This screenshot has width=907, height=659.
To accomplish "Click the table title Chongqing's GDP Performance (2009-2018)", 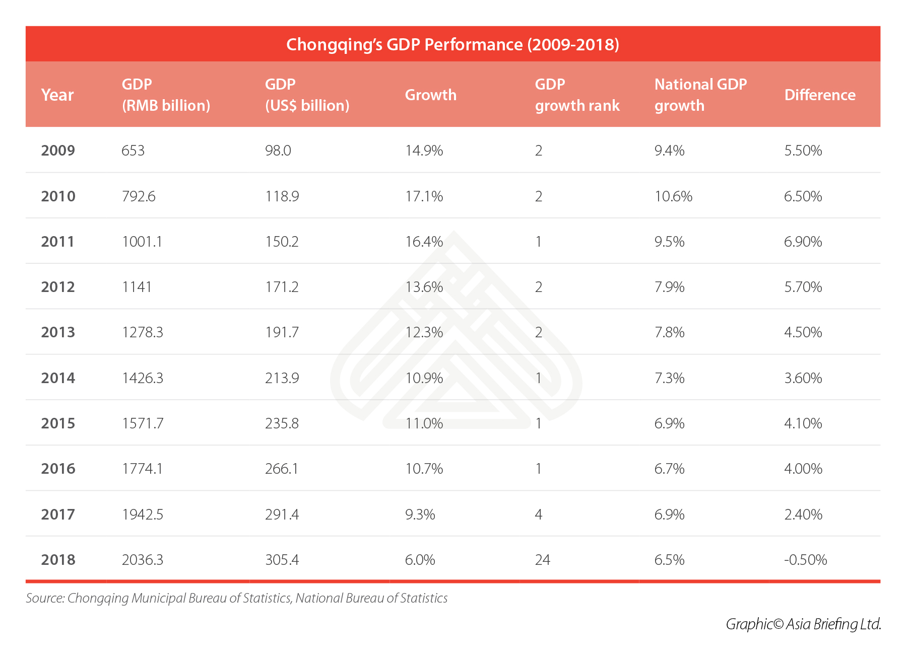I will pyautogui.click(x=452, y=44).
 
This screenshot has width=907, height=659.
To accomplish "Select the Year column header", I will pyautogui.click(x=57, y=95).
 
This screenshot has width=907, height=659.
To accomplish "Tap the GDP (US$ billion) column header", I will pyautogui.click(x=307, y=95).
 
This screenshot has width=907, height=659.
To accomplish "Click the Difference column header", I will pyautogui.click(x=820, y=95).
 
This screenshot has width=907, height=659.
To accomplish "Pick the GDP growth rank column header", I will pyautogui.click(x=577, y=95).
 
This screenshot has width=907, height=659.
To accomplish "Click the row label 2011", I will pyautogui.click(x=57, y=242).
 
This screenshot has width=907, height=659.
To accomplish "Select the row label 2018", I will pyautogui.click(x=58, y=560).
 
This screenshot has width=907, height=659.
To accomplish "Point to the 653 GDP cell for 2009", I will pyautogui.click(x=133, y=151).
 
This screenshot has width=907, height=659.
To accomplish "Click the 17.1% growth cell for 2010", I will pyautogui.click(x=424, y=196).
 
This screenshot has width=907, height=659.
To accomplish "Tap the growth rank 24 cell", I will pyautogui.click(x=542, y=560).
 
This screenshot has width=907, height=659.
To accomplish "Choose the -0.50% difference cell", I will pyautogui.click(x=805, y=560).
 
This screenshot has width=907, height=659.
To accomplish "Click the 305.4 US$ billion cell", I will pyautogui.click(x=282, y=560).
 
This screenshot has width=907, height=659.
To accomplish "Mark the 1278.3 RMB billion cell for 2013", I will pyautogui.click(x=143, y=332).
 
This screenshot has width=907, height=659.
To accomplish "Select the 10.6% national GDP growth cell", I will pyautogui.click(x=673, y=196).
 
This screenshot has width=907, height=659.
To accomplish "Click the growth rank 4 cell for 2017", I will pyautogui.click(x=538, y=515).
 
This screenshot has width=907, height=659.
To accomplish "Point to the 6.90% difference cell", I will pyautogui.click(x=803, y=242).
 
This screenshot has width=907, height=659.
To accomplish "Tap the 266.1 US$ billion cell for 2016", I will pyautogui.click(x=282, y=469).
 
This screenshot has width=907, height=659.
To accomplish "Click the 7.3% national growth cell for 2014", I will pyautogui.click(x=669, y=378).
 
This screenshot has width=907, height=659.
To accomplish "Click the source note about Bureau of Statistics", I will pyautogui.click(x=236, y=598).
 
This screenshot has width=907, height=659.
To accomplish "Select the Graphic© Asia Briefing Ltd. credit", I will pyautogui.click(x=803, y=624).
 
